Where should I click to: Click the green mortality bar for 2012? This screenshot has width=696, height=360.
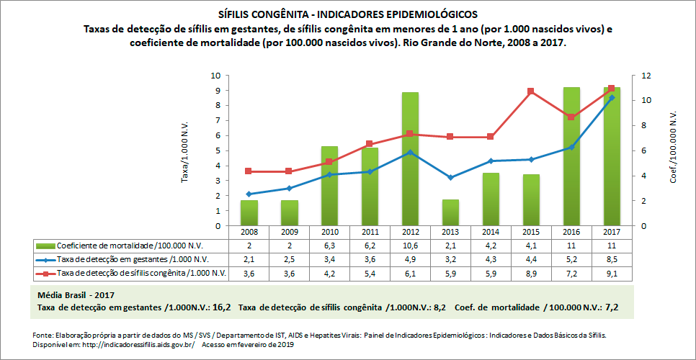pos(410,158)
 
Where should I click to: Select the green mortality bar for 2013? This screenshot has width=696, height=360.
pos(450,212)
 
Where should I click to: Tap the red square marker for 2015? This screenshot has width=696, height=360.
pos(530,91)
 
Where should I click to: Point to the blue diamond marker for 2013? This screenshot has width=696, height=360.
pos(450,177)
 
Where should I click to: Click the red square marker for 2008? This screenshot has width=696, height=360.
pos(249,171)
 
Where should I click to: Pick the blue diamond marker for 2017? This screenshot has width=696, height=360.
pos(612,97)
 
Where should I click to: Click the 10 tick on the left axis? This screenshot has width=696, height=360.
pos(215,76)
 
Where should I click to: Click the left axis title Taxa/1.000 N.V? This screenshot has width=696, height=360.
pos(185,150)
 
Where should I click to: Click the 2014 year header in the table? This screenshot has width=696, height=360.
pos(491,233)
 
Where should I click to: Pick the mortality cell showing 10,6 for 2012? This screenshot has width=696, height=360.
pos(410,246)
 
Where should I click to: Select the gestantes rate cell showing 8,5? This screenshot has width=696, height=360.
pos(612,259)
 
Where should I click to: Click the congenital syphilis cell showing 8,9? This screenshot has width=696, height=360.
pos(531,273)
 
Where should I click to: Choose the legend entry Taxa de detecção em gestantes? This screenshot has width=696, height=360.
pos(122,259)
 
